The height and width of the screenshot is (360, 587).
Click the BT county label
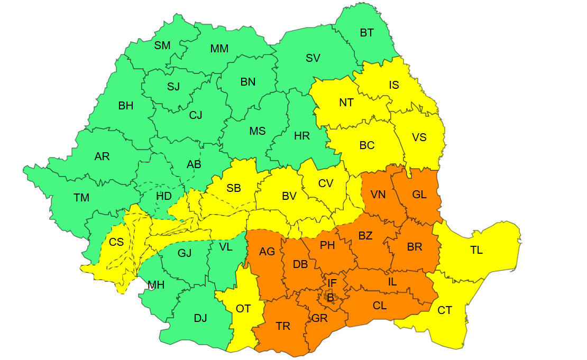click(366, 33)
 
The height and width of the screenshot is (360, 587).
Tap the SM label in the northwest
click(162, 45)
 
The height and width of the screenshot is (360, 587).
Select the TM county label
click(81, 198)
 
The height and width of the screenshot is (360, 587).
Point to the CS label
click(116, 242)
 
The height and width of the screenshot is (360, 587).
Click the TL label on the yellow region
click(476, 251)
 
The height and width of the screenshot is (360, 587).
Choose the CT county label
click(445, 310)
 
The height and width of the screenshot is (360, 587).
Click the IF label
click(332, 283)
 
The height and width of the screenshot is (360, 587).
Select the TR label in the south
click(283, 326)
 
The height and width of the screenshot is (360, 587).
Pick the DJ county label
click(200, 318)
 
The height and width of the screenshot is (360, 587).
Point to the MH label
click(156, 285)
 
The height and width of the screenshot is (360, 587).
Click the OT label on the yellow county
click(243, 309)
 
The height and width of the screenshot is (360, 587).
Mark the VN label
click(378, 195)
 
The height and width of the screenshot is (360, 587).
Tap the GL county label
click(419, 195)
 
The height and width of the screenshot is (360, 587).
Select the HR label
click(302, 136)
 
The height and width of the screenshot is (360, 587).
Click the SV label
click(313, 58)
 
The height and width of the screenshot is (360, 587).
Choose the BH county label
click(126, 106)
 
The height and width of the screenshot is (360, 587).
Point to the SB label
click(234, 188)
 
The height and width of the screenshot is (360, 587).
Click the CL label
click(380, 306)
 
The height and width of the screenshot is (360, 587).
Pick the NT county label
click(346, 103)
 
